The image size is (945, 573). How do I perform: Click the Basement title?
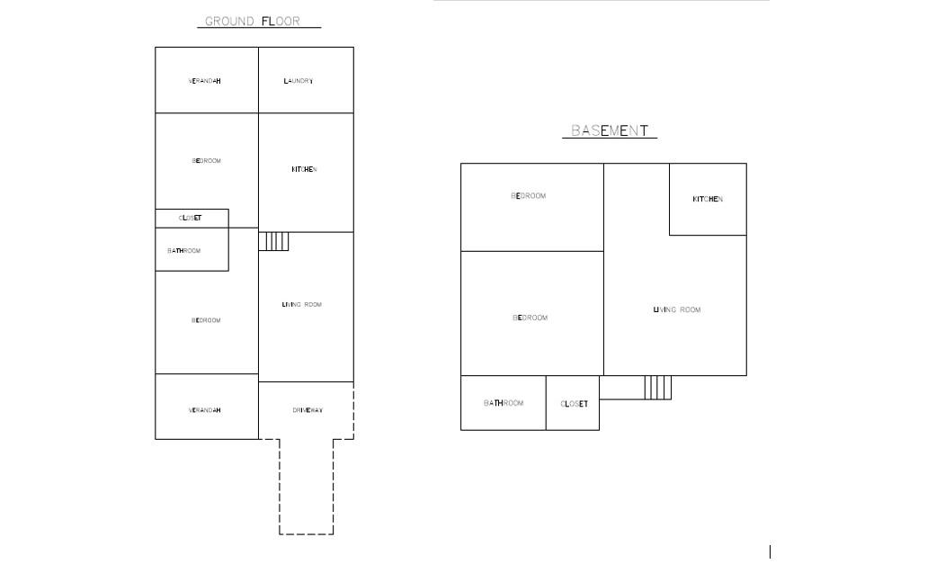click(x=610, y=130)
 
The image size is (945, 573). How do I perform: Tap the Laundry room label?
click(x=299, y=81)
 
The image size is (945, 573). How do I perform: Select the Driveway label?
click(x=308, y=410)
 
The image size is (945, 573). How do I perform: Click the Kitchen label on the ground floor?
click(x=304, y=169)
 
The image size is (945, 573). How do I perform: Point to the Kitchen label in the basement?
click(x=708, y=199)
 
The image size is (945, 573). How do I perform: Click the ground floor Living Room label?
click(x=302, y=305)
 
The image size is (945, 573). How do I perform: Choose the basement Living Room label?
click(x=677, y=310)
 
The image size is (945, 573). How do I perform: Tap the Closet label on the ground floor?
click(x=191, y=218)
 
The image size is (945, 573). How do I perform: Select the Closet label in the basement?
click(x=575, y=404)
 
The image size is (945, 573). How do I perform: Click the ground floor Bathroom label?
click(x=184, y=251)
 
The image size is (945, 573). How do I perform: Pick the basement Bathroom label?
click(x=504, y=403)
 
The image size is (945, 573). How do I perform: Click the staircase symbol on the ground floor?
click(x=274, y=241)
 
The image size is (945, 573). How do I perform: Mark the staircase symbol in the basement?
click(x=657, y=388)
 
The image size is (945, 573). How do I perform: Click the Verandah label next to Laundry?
click(x=205, y=81)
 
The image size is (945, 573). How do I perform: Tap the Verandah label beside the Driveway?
click(x=205, y=410)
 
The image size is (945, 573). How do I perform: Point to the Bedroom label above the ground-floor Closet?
click(x=207, y=161)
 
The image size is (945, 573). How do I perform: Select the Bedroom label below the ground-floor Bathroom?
click(x=206, y=320)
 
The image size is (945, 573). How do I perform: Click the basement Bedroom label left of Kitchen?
click(x=529, y=196)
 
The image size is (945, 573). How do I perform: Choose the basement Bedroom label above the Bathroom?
click(x=530, y=318)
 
